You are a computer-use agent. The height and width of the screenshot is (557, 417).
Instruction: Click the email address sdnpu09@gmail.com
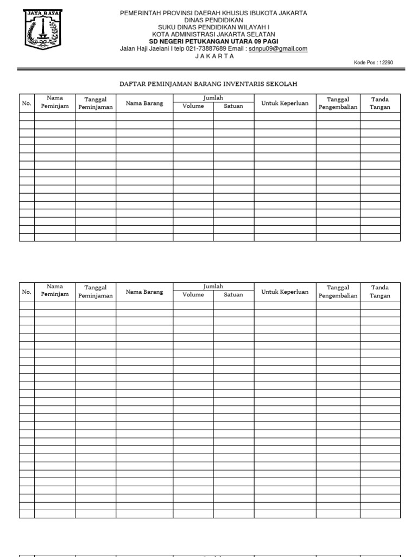[278, 48]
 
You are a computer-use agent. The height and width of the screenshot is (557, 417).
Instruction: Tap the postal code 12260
[386, 63]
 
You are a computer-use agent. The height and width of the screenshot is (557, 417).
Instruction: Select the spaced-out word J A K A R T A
[214, 55]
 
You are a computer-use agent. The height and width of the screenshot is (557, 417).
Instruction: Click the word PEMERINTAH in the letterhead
[142, 13]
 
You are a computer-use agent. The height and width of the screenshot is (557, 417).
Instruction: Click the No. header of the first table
[27, 103]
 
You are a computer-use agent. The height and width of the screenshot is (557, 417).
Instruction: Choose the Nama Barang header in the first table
[144, 103]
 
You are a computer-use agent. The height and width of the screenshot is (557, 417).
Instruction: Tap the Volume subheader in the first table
[193, 106]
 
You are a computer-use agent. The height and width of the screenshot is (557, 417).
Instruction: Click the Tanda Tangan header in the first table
[380, 103]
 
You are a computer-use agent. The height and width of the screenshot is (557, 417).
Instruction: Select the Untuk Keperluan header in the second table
[285, 292]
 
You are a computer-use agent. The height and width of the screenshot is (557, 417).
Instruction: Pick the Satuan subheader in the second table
[233, 295]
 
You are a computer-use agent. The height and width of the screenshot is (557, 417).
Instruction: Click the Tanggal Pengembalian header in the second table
[338, 292]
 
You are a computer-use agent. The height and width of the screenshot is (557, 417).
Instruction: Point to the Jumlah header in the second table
[213, 286]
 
